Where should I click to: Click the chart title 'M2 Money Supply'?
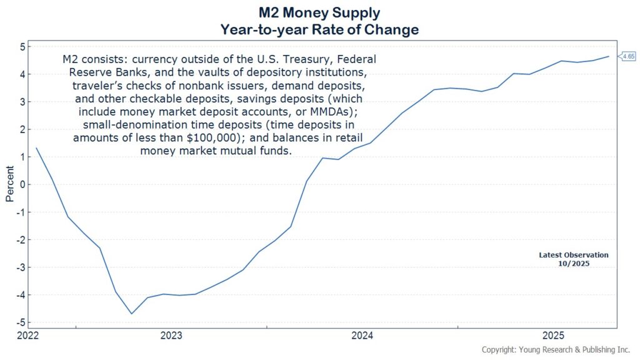319,12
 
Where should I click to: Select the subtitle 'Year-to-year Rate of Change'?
319,29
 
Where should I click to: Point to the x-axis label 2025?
553,336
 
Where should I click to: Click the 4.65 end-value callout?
627,56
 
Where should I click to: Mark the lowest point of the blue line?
131,314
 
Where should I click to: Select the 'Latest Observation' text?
573,255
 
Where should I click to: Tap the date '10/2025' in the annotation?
573,264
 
